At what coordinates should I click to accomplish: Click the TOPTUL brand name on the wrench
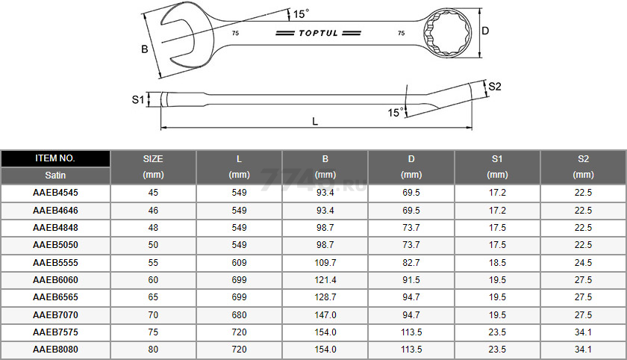[x=318, y=33]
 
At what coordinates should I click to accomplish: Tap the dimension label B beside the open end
[x=145, y=49]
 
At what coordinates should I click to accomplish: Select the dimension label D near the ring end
[x=485, y=31]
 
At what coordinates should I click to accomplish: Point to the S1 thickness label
[x=138, y=99]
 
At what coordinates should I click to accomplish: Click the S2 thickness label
[x=495, y=87]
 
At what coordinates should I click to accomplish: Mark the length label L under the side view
[x=315, y=121]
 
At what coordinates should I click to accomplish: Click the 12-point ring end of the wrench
[x=447, y=32]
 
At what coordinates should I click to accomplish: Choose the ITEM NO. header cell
[x=55, y=158]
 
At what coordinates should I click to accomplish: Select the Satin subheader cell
[x=55, y=176]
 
